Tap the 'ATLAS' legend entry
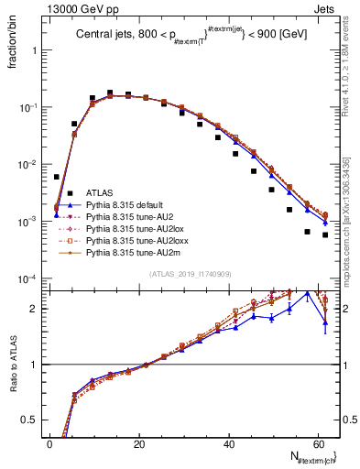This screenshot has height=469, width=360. coord(101,192)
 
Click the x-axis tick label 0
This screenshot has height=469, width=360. coord(50,444)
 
